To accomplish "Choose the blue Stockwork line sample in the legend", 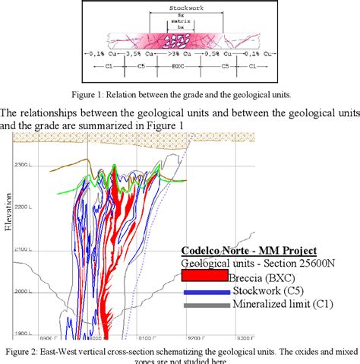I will tap(206, 292).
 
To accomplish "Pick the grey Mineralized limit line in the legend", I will tap(206, 305).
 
